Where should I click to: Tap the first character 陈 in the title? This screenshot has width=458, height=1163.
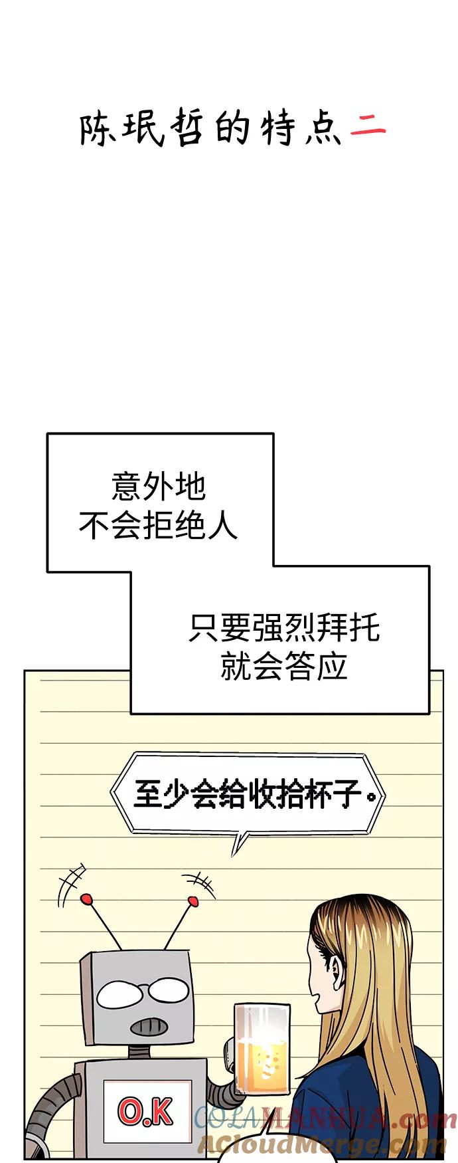coord(97,129)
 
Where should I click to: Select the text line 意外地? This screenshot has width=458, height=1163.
coord(159,487)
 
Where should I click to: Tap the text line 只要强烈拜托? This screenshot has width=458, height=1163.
coord(284,627)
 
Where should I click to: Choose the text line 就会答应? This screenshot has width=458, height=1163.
coord(284,666)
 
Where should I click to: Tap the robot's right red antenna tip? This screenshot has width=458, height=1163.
coord(193,901)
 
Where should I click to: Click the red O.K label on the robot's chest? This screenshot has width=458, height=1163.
coord(146,1110)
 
